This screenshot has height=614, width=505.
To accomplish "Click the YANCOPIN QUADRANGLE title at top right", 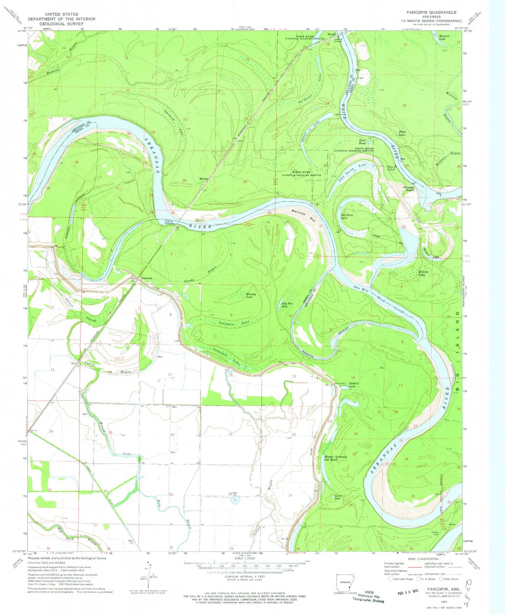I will [431, 12].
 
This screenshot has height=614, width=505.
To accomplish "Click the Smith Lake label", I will [338, 497].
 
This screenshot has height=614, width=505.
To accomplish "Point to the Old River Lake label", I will [346, 215].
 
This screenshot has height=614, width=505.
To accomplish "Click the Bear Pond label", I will [362, 142].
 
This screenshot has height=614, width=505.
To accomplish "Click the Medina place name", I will [204, 179].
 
